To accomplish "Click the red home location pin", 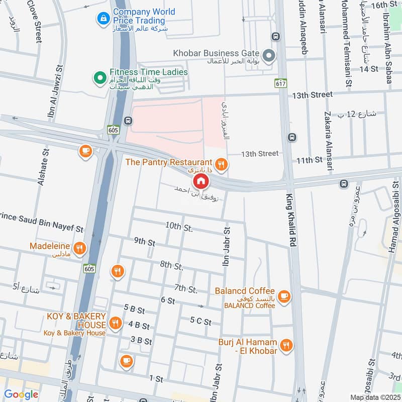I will click(x=200, y=181).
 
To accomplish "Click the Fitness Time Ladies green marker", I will click(x=99, y=78).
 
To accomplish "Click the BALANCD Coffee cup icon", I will click(x=284, y=296).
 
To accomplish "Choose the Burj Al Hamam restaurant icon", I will click(x=286, y=345).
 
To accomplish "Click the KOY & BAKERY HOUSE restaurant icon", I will click(x=116, y=323).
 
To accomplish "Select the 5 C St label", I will click(x=200, y=321).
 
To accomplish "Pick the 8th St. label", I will click(x=171, y=265).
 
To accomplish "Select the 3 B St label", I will click(x=141, y=341).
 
